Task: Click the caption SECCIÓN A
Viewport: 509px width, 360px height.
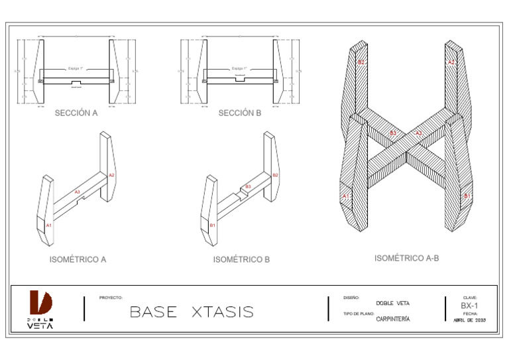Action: click(76, 113)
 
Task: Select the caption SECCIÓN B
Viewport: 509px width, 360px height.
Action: click(240, 113)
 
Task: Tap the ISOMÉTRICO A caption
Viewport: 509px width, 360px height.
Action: click(78, 260)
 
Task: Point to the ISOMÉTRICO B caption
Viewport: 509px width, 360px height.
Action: click(241, 260)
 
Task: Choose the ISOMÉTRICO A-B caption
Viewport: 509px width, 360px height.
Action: click(406, 258)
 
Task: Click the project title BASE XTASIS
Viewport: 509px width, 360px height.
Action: click(192, 312)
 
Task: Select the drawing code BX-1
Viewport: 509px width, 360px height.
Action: click(470, 306)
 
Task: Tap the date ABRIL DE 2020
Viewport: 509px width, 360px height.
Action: click(470, 320)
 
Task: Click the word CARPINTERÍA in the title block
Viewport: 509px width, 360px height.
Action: click(392, 319)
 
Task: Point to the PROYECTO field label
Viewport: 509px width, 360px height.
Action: click(111, 298)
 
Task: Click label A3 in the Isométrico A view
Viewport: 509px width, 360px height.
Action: click(77, 192)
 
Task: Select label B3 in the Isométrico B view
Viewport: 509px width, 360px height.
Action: click(248, 187)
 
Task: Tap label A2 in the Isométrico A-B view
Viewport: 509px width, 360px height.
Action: click(451, 62)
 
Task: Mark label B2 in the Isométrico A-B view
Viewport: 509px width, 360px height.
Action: click(361, 62)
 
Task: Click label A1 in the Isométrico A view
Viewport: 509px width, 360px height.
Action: click(48, 226)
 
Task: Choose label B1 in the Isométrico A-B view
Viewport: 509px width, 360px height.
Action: click(467, 196)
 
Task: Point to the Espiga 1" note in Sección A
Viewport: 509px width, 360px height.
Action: click(76, 68)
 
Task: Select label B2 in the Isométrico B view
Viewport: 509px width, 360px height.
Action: click(276, 175)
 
